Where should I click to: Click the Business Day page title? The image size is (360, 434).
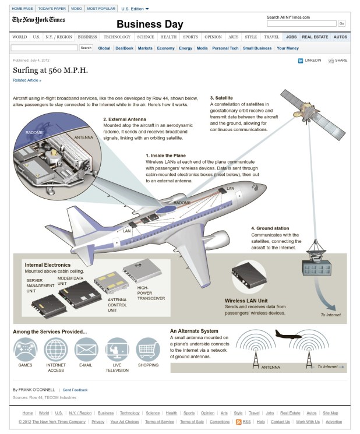tap(150, 24)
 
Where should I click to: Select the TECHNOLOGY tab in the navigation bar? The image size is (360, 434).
tap(117, 37)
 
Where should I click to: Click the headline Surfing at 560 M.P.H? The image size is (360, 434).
tap(50, 70)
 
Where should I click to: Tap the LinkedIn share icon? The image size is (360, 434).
tap(301, 60)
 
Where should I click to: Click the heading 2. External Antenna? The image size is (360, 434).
tap(124, 119)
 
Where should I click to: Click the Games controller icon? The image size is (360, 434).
tap(25, 350)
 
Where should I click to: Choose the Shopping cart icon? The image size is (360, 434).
tap(148, 350)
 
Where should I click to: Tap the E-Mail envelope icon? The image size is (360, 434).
tap(86, 350)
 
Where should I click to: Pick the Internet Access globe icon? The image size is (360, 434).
tap(56, 350)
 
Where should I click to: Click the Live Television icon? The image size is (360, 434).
tap(117, 350)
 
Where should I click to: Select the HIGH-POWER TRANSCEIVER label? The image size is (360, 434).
tap(151, 292)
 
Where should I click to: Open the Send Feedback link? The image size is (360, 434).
tap(75, 390)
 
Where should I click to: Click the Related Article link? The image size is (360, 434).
tap(27, 80)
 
